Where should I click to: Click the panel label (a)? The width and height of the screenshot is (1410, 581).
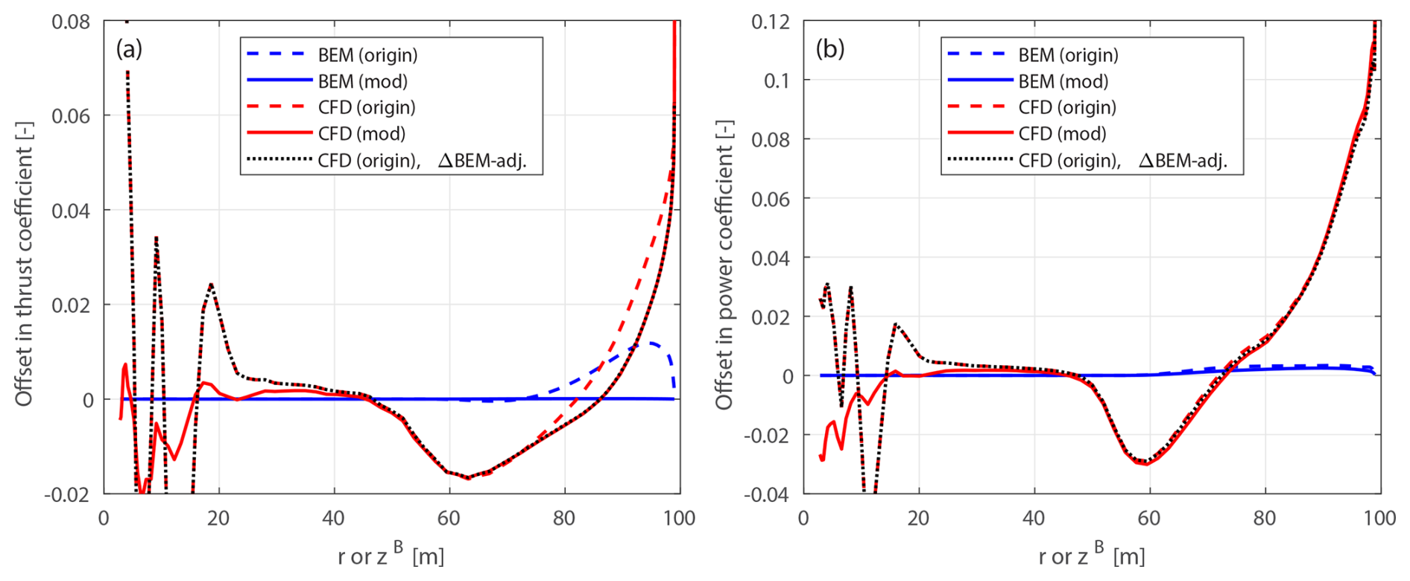[x=128, y=49]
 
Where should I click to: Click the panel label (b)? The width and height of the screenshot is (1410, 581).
[x=829, y=49]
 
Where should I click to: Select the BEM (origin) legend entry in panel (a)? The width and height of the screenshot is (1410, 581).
[x=367, y=55]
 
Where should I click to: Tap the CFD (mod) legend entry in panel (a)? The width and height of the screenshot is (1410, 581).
[x=361, y=133]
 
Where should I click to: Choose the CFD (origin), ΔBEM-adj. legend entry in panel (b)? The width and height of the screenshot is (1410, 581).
[x=1122, y=160]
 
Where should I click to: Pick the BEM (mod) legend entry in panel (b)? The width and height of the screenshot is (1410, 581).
[x=1063, y=81]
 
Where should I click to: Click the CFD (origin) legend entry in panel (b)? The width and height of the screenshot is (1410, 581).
[x=1067, y=107]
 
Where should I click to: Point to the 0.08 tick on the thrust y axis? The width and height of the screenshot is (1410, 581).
[x=71, y=22]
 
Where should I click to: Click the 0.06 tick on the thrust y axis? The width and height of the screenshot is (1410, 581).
[x=71, y=116]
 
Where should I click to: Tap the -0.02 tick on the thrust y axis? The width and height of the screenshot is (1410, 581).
[x=68, y=495]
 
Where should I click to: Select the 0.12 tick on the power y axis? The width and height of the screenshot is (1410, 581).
[x=771, y=22]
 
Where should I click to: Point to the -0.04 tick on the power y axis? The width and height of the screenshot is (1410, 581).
[x=767, y=495]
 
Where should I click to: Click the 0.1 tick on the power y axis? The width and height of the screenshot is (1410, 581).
[x=777, y=80]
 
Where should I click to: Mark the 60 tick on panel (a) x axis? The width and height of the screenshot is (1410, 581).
[x=449, y=518]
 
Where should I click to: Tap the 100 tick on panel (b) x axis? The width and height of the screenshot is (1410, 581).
[x=1379, y=518]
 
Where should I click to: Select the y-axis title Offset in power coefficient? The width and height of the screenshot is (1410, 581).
[x=724, y=264]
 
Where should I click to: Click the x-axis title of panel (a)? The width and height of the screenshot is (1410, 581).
[x=391, y=555]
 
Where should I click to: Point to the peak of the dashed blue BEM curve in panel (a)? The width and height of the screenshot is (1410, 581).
[x=651, y=343]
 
